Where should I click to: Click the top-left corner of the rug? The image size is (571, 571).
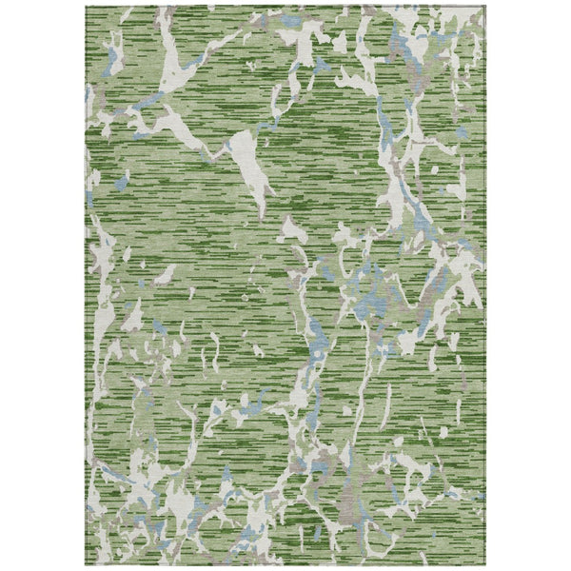point(87,6)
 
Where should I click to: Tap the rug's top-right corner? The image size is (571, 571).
point(484,6)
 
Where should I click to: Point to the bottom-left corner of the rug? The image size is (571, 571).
point(87,565)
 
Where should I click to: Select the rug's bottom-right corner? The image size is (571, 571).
point(484,565)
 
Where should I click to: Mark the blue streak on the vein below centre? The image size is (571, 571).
point(313,333)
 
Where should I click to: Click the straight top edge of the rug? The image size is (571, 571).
point(285,6)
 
